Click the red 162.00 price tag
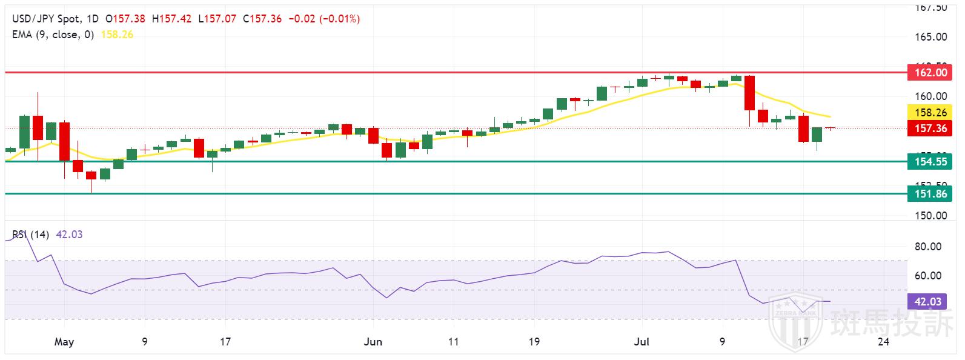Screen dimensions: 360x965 point(929,73)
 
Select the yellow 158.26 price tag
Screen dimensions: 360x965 point(929,113)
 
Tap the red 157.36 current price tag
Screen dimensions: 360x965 point(929,128)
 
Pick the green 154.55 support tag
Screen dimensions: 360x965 point(929,161)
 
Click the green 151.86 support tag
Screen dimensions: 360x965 point(929,193)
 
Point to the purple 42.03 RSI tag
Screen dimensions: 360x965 point(929,301)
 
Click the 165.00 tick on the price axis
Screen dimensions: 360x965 point(931,37)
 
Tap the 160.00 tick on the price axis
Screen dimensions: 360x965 point(931,96)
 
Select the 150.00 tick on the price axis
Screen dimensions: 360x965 point(931,216)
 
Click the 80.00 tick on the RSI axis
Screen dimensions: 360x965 point(928,247)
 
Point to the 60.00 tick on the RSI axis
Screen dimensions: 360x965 point(928,276)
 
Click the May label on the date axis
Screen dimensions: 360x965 point(64,342)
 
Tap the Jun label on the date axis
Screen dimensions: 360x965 point(373,342)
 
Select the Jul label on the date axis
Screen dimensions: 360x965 point(643,342)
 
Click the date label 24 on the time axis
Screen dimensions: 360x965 point(883,342)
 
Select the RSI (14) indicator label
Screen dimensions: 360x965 point(30,235)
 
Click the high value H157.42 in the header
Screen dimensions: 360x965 point(171,19)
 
